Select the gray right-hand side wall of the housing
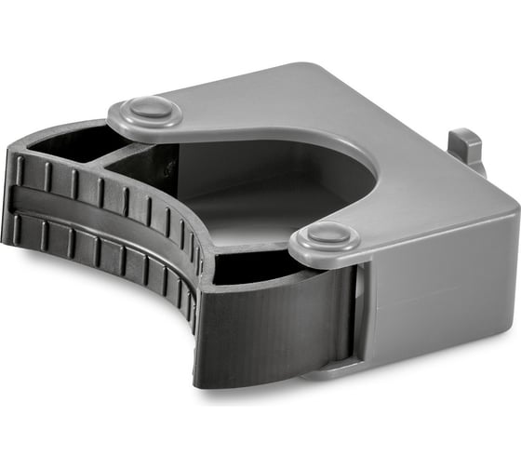(437, 279)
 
